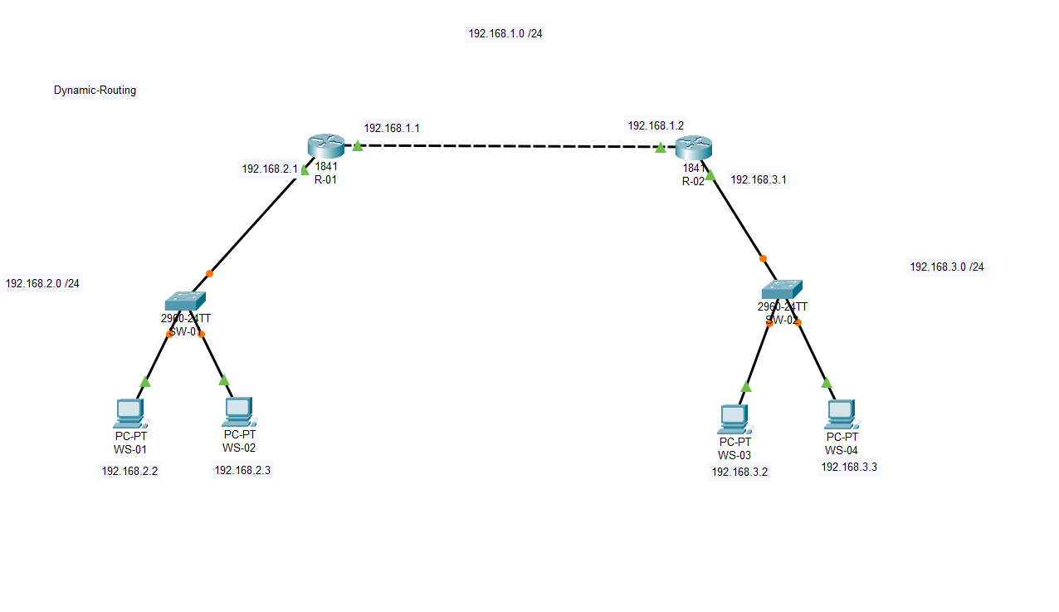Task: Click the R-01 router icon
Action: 325,146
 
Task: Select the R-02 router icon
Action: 694,148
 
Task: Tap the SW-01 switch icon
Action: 184,301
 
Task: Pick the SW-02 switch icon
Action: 782,289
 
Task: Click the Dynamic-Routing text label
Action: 95,91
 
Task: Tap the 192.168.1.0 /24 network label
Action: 505,34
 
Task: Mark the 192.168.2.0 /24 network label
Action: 42,283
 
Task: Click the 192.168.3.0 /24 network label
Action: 947,267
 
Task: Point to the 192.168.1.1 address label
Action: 392,128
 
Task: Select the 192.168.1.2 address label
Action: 656,125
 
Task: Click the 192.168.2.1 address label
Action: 270,169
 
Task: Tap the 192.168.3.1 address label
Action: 759,179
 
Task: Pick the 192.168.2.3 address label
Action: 242,470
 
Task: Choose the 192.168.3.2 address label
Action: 739,472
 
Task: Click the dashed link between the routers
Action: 508,147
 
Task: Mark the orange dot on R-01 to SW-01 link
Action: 209,273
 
